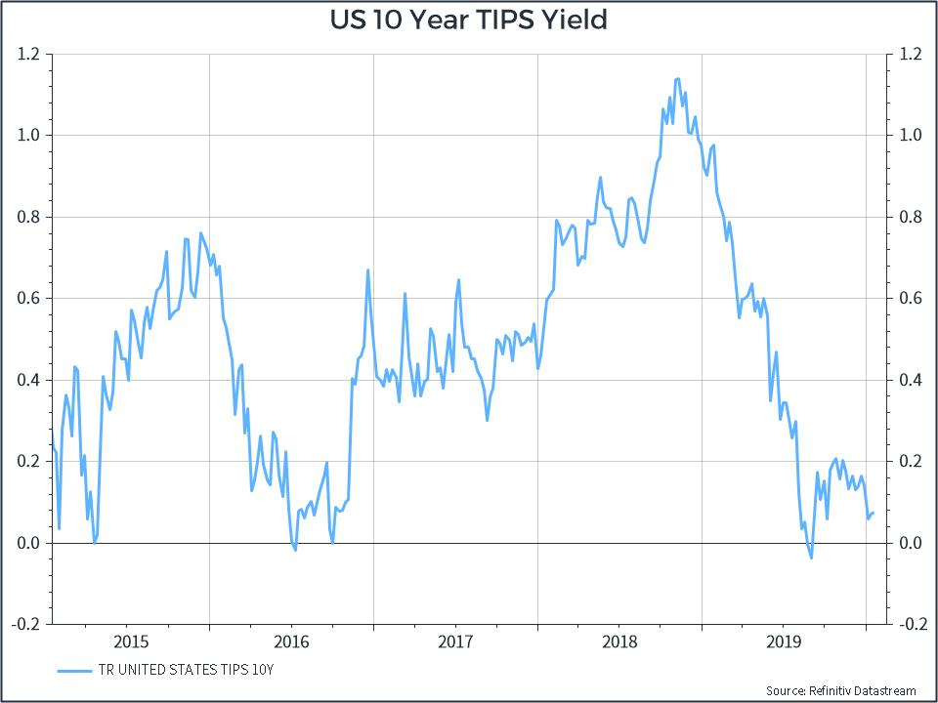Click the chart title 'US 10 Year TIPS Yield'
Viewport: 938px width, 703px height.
[x=468, y=20]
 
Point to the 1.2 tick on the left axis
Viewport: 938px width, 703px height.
[x=29, y=54]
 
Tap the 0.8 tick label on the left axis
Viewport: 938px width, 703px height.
[x=29, y=217]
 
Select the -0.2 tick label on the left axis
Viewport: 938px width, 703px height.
[x=27, y=624]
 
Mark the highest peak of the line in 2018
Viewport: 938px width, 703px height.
[x=678, y=78]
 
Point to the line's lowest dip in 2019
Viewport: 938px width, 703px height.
[x=811, y=558]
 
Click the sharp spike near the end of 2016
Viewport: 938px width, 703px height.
[x=367, y=270]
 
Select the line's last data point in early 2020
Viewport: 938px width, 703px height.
[x=873, y=513]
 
